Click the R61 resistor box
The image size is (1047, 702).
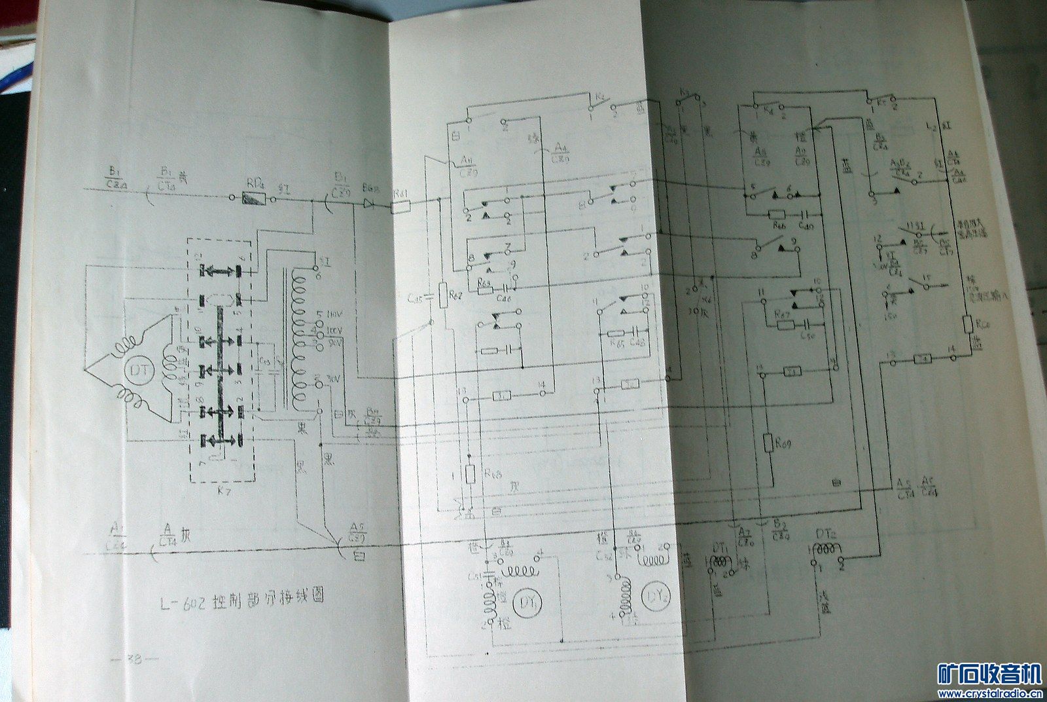point(400,208)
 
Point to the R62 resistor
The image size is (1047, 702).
point(443,295)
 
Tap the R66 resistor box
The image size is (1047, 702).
point(777,214)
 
